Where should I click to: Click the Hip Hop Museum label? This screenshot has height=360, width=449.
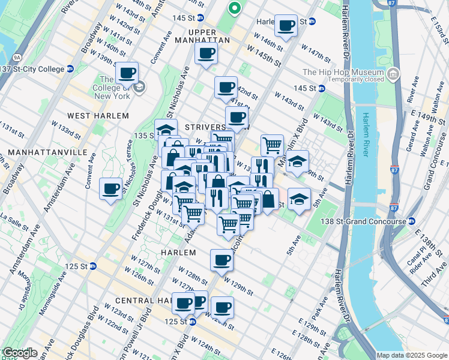click(x=343, y=72)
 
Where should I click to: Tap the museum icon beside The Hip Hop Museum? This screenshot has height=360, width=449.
click(x=393, y=75)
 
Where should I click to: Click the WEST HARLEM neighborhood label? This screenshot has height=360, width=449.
click(x=98, y=115)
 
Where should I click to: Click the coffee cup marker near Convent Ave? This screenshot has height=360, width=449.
click(x=110, y=189)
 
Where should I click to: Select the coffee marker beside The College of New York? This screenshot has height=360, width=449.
click(x=127, y=73)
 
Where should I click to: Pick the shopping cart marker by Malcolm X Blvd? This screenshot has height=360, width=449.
click(x=272, y=145)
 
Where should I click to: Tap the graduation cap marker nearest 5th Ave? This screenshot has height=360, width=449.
click(x=299, y=199)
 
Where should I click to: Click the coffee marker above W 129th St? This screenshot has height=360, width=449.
click(x=221, y=260)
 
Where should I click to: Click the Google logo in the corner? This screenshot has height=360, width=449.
click(x=19, y=353)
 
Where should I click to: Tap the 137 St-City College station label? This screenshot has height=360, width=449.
click(x=33, y=68)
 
